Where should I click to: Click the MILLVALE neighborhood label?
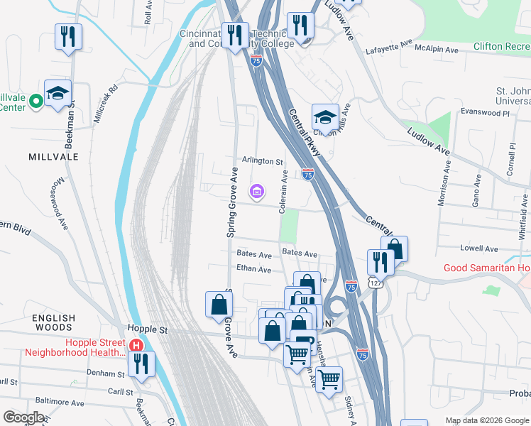(x=53, y=155)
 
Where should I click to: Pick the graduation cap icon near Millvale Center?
(x=58, y=94)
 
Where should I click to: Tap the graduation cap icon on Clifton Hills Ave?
(x=325, y=117)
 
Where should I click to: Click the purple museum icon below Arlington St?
(x=256, y=191)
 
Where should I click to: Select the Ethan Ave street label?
(x=254, y=270)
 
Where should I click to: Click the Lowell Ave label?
(x=479, y=248)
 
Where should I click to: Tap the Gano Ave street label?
(x=476, y=194)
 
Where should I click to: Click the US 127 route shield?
(x=374, y=283)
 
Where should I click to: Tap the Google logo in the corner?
(x=23, y=417)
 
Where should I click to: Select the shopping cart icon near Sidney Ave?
(x=329, y=380)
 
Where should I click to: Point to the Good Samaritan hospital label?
(x=487, y=268)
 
